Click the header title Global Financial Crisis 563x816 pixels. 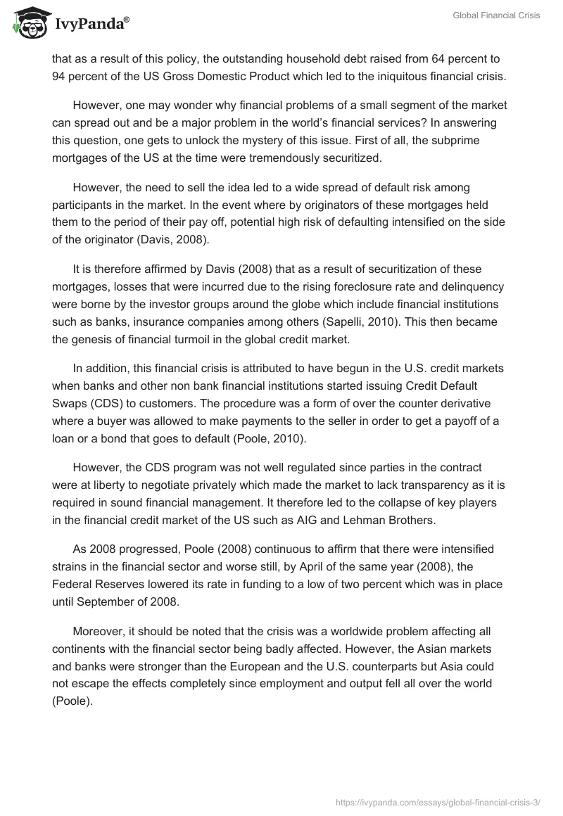tap(496, 15)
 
